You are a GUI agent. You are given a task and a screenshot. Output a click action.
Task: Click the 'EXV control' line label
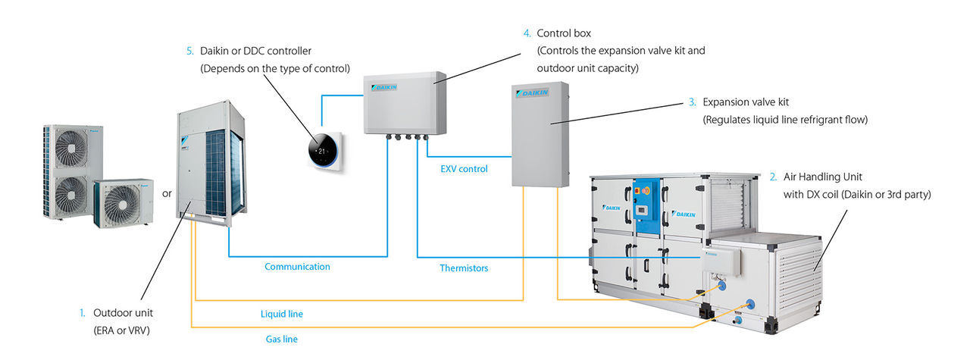point(465,169)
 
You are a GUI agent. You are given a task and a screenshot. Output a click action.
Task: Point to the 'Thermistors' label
point(464,268)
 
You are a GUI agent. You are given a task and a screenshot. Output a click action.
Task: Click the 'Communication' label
point(297,267)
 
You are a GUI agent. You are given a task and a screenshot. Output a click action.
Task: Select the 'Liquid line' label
point(282,313)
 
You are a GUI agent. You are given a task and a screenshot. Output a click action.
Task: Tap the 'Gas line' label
point(280,339)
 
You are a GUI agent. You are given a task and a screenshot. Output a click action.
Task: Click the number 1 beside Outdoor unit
point(82,312)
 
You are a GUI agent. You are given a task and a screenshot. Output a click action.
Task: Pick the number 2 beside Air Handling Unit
point(773,177)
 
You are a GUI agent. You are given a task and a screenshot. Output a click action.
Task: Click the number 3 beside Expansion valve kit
point(692,102)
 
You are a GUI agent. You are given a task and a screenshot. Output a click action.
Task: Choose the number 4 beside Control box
point(527,33)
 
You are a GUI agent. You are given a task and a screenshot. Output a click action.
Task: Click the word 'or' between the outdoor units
point(167,193)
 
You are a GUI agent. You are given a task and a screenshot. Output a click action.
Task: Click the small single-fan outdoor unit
point(121,205)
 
